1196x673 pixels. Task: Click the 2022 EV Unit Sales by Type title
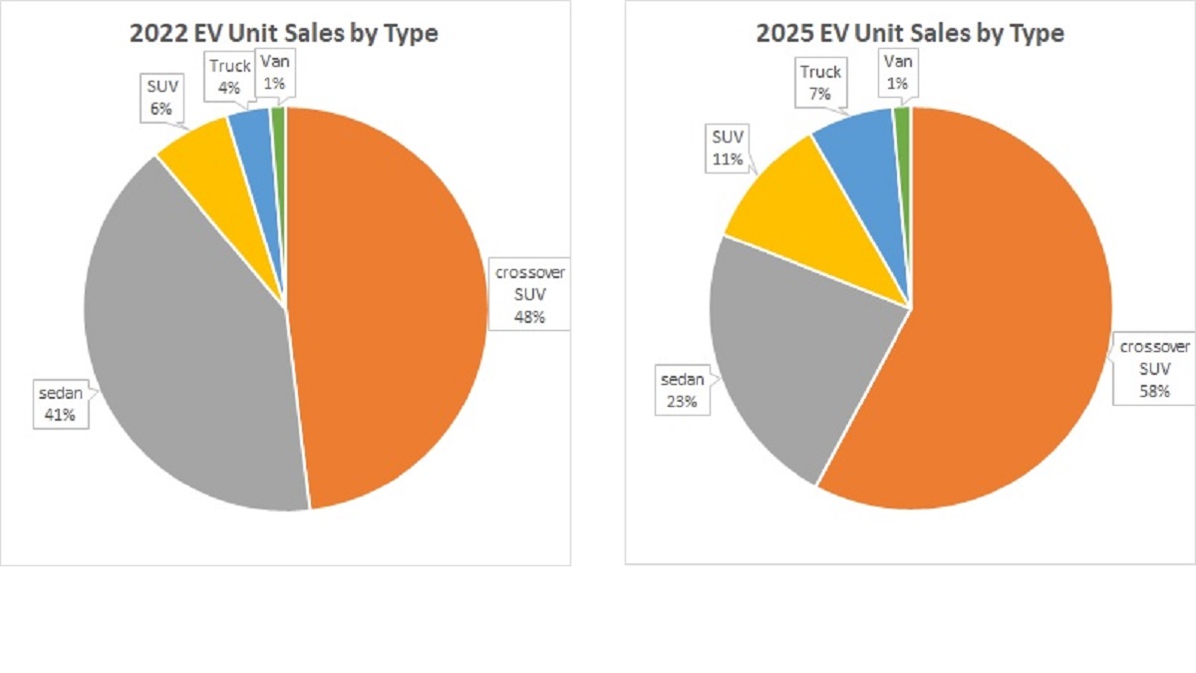point(284,33)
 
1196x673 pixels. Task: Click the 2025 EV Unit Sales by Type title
point(910,33)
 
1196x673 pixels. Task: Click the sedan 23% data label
point(684,391)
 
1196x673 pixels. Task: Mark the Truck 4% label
point(228,76)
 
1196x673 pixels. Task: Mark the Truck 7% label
point(820,82)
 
